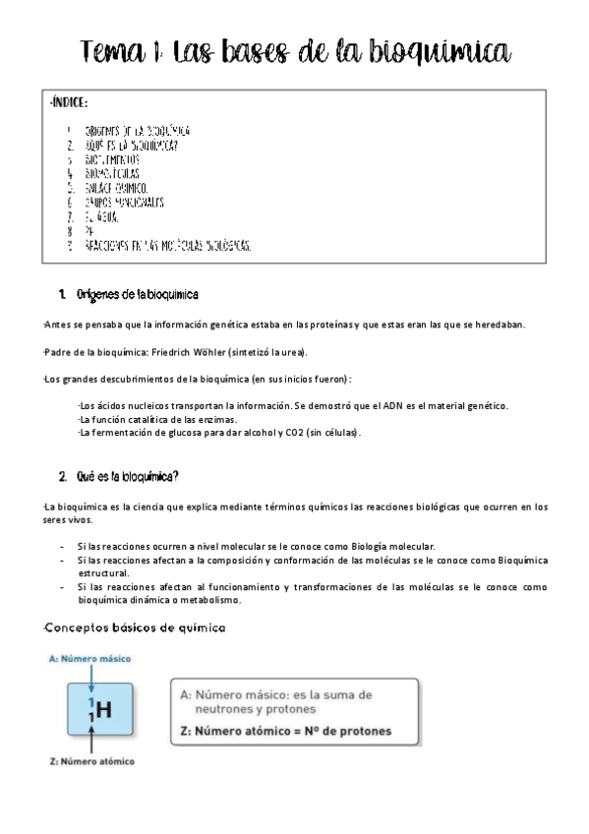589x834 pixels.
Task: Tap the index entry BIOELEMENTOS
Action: pos(112,158)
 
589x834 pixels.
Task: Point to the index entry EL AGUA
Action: pos(101,216)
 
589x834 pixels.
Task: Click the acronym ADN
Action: pos(386,405)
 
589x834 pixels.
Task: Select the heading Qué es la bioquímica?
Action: pos(127,477)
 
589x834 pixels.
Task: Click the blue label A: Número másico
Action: pos(89,658)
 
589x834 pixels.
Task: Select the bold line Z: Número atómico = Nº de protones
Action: pos(285,731)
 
